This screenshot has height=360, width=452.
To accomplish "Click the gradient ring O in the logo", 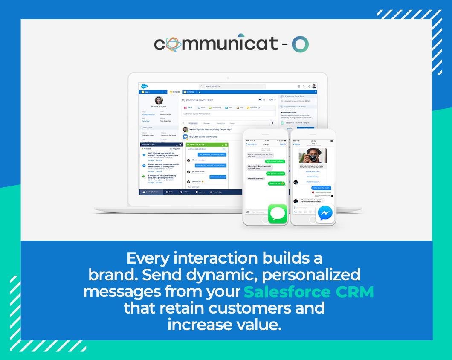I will pos(300,44).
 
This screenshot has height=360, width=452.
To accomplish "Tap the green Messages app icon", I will pos(278,213).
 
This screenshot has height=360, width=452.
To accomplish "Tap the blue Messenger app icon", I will pos(325,213).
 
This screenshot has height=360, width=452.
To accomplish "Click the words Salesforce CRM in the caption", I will pos(309,292).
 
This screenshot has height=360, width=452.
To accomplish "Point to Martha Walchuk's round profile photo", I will pos(158,101).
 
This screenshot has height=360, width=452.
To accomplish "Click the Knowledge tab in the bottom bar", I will pos(216,192).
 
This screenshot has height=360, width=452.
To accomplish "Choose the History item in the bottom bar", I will pos(184,192).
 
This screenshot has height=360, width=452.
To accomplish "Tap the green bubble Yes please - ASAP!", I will pos(275,174).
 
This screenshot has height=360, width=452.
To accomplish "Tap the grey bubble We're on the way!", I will pos(256,178).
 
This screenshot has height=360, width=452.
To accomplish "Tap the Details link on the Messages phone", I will pos(283,145).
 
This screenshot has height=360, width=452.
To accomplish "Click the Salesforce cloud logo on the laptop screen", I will pos(144,86).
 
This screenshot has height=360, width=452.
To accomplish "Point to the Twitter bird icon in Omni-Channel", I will pos(144,155).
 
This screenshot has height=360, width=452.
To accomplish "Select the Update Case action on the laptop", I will pos(255,108).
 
